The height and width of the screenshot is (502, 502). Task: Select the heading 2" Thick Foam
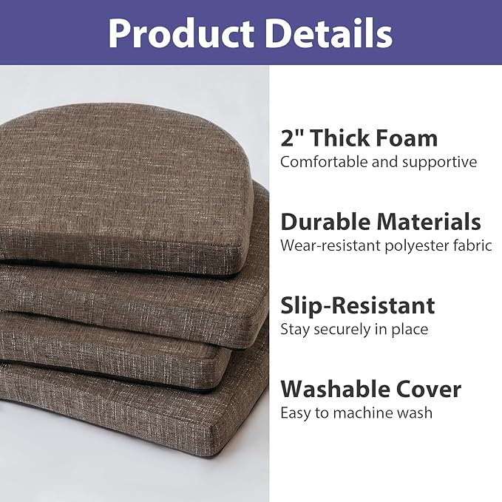pos(359,138)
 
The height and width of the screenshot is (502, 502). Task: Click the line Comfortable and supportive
pos(379,162)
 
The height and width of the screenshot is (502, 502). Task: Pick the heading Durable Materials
pos(381,222)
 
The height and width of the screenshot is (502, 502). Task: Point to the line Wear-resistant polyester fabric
pos(386,245)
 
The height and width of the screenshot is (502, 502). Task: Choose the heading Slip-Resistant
pos(357,305)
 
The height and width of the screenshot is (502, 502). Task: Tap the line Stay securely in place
pos(354,329)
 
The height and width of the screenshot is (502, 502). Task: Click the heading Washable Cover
pos(370,389)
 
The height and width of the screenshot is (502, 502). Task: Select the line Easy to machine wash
pos(356,413)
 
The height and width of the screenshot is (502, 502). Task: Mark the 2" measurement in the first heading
pos(291,138)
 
